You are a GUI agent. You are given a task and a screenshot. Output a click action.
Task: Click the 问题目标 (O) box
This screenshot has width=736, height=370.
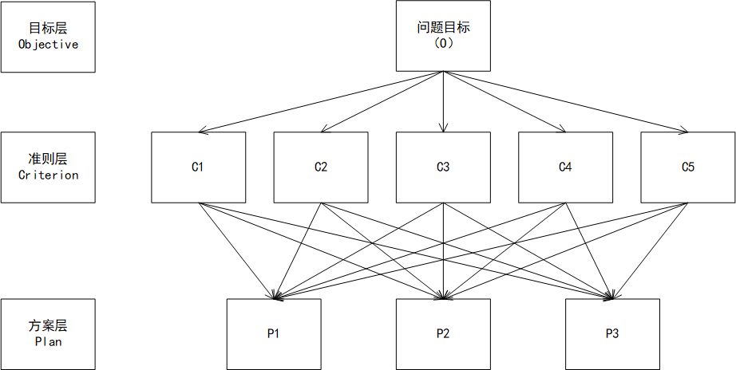click(443, 36)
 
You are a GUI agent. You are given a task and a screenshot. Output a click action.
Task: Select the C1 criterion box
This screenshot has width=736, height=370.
click(198, 167)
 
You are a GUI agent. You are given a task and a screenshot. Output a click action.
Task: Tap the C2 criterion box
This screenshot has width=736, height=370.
click(320, 167)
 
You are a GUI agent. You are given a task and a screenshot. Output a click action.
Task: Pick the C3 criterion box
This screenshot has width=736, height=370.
click(443, 167)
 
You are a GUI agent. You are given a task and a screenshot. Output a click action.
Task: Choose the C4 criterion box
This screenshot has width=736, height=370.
click(565, 167)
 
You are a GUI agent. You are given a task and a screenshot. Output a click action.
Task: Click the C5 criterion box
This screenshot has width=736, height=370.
click(687, 167)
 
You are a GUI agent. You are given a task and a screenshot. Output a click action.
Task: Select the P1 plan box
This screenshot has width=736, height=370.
click(273, 333)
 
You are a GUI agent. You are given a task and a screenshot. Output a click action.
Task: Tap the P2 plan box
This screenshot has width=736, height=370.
click(443, 333)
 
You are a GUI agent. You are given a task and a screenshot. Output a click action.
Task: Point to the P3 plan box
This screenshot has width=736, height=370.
click(612, 333)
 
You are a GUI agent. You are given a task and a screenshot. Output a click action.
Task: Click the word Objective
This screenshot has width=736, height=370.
click(48, 45)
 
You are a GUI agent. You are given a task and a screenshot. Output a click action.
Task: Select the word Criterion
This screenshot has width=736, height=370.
click(48, 175)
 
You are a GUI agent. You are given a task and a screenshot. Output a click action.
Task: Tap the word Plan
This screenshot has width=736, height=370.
click(48, 341)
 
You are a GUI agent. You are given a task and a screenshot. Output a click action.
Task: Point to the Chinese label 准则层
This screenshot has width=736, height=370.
click(48, 159)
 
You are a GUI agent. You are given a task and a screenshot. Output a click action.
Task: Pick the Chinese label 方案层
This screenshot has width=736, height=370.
click(48, 325)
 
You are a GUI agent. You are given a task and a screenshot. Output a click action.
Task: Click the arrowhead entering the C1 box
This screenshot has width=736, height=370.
click(203, 129)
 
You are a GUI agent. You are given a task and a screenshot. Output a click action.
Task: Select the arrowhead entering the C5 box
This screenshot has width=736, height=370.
click(683, 129)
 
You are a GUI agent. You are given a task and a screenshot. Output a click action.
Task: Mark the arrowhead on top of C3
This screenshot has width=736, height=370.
click(443, 128)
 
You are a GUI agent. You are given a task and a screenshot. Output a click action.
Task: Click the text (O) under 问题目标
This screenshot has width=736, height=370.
click(443, 44)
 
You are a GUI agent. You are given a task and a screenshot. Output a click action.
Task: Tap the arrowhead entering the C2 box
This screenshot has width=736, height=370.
click(325, 128)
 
